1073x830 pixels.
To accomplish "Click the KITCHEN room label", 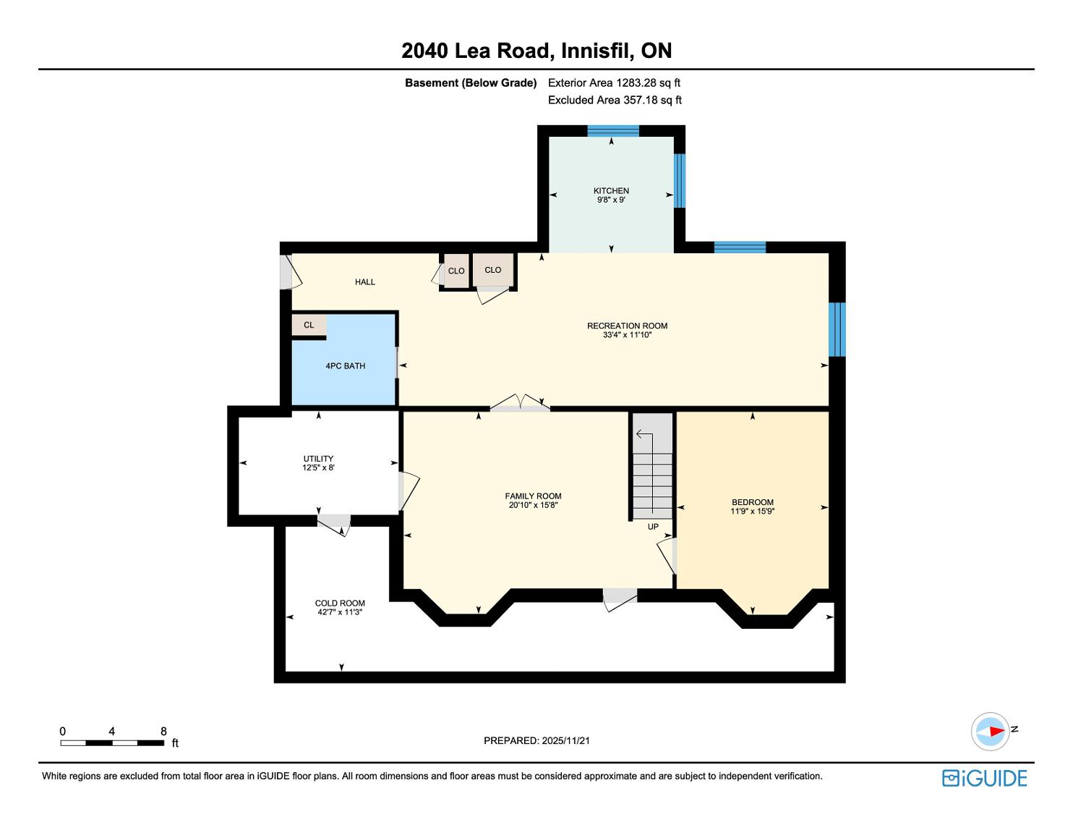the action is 611,191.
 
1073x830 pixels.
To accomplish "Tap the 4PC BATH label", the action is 345,366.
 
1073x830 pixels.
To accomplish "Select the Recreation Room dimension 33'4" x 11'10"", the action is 627,335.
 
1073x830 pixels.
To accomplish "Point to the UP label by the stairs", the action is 653,527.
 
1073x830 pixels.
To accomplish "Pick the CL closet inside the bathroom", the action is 309,325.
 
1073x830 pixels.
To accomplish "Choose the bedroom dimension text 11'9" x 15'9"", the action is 752,512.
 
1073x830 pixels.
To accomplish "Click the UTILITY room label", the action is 318,459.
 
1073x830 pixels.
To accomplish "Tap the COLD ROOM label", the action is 340,604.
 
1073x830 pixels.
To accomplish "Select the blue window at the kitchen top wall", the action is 613,131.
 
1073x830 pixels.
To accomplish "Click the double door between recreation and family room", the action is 519,403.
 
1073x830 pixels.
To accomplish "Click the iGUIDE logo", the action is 984,778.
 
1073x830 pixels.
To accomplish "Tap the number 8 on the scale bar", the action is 163,731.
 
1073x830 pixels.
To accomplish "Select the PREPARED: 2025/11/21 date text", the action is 536,740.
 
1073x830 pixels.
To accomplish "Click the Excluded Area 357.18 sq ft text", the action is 615,101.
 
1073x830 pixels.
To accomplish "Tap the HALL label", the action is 365,282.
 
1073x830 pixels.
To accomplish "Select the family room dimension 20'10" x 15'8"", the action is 533,505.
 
